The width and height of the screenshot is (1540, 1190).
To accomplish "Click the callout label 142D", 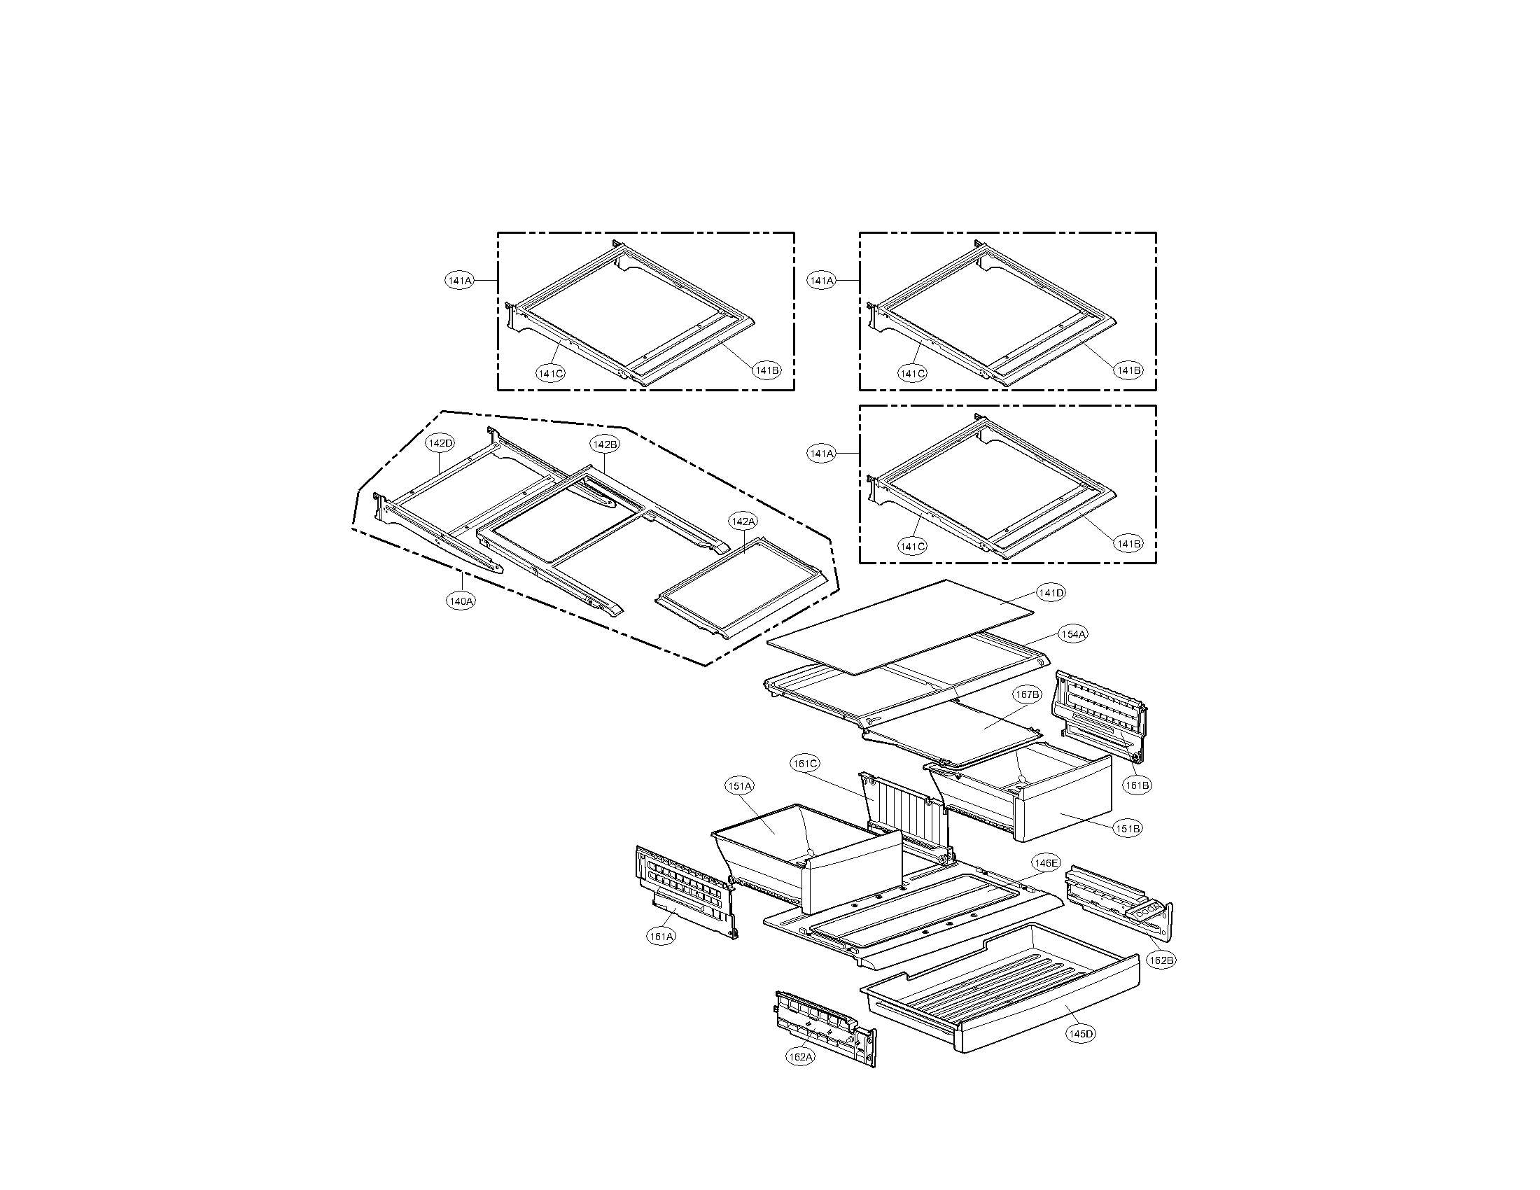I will click(440, 443).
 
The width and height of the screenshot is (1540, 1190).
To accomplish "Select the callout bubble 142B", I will click(604, 444).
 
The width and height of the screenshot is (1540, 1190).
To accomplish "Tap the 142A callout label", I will click(743, 521).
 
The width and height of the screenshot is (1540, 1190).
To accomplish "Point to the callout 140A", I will click(461, 601).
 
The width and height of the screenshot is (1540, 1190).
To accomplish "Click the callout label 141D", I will click(1050, 593).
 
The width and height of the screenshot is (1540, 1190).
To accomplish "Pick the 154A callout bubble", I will click(1072, 634).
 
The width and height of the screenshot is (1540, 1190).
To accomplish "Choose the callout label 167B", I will click(1027, 695).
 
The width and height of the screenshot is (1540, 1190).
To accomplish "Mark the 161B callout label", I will click(1137, 785).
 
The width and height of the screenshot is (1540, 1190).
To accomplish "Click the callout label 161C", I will click(804, 764).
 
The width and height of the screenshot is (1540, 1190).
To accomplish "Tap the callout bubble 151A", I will click(740, 786).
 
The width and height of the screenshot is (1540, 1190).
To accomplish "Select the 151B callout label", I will click(1127, 829).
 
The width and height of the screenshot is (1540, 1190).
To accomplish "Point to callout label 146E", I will click(1045, 863).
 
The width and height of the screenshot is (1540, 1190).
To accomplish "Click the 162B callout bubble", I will click(1161, 960).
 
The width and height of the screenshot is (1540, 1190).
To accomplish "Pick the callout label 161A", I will click(661, 937).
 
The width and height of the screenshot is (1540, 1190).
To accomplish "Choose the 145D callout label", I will click(1080, 1034).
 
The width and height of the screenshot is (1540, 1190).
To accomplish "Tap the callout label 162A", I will click(800, 1058).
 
